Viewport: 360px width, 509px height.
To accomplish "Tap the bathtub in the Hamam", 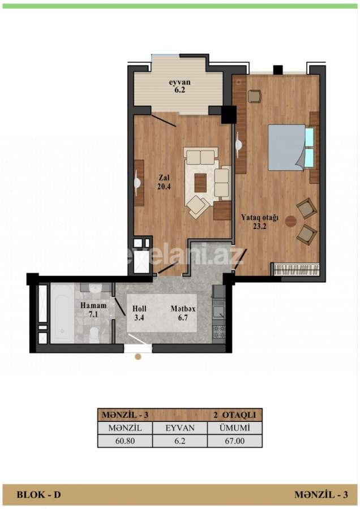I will [x=62, y=314].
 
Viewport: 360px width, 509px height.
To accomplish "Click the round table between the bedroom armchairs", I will [x=291, y=221].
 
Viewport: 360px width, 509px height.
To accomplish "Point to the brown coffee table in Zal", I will [x=200, y=182].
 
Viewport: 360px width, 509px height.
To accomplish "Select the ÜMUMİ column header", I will [x=234, y=428].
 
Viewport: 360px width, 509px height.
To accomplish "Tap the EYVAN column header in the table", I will [x=179, y=428].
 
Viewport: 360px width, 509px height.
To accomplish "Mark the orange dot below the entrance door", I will [x=138, y=357].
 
